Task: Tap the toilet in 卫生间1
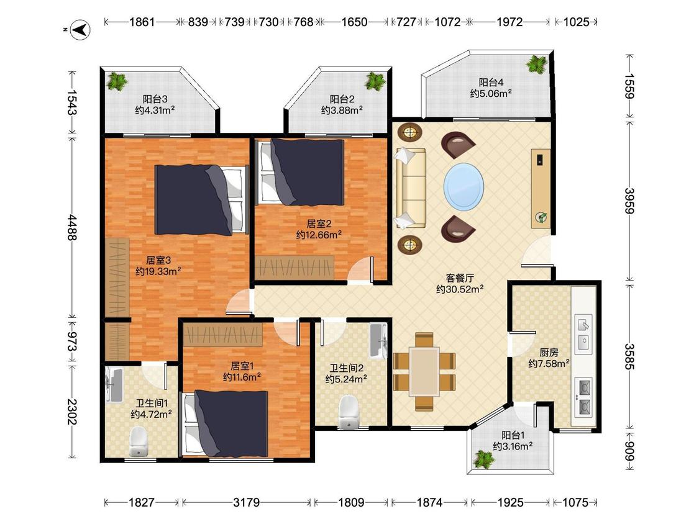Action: tap(138, 442)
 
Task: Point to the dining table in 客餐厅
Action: tap(424, 372)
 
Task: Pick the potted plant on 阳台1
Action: tap(484, 459)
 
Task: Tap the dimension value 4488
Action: tap(72, 228)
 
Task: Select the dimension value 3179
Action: tap(247, 503)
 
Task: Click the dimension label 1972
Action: tap(509, 22)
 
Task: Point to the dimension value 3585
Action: tap(629, 356)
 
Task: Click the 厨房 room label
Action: tap(548, 353)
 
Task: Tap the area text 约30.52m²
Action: tap(460, 289)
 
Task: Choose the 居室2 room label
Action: tap(319, 224)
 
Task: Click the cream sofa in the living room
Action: tap(410, 188)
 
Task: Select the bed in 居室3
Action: tap(201, 200)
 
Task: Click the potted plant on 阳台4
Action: tap(536, 64)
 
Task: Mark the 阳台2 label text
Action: tap(342, 99)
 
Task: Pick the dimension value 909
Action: tap(629, 451)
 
